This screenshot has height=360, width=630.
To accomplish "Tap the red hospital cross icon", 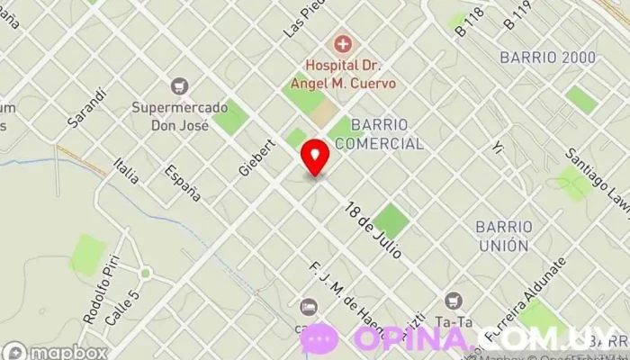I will (x=341, y=43).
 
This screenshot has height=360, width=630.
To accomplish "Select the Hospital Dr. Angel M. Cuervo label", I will (x=351, y=74).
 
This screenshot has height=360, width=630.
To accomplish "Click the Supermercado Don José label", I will (x=171, y=115).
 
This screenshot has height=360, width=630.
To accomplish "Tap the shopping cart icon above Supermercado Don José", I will (x=181, y=86).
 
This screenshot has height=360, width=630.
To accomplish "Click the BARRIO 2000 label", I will (x=547, y=58).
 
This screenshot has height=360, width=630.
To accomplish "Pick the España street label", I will (x=182, y=183).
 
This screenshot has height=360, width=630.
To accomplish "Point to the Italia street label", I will (x=127, y=170).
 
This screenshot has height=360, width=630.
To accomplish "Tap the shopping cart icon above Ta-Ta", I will (x=454, y=300).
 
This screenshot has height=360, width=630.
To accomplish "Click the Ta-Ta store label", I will (x=455, y=321).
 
